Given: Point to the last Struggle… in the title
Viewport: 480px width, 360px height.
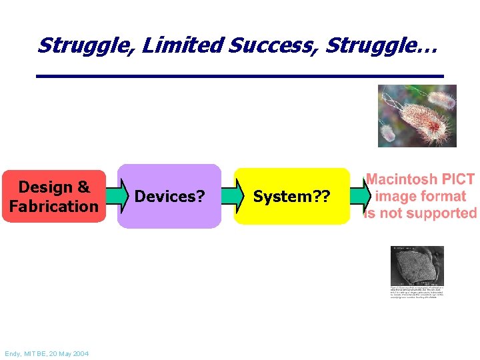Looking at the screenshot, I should (x=379, y=45).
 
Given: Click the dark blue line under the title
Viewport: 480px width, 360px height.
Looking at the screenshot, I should (x=239, y=77).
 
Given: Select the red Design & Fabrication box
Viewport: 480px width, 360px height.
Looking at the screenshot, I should (x=53, y=196).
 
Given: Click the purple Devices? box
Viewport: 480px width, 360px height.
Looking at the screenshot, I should (x=169, y=196).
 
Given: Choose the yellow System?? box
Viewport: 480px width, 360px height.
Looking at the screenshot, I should (x=292, y=196).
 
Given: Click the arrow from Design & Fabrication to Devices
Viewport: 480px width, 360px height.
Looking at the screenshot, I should (x=113, y=197).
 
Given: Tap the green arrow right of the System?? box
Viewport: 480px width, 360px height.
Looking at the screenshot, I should (x=359, y=197).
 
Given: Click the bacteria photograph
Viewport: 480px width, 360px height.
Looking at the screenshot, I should (x=417, y=115).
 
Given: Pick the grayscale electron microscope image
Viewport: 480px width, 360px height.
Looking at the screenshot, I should (x=417, y=265).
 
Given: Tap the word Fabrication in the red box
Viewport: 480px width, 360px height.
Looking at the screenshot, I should (x=53, y=206).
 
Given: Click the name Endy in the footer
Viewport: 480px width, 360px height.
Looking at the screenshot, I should (x=13, y=353).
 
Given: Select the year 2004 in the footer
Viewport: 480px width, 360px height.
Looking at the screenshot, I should (x=81, y=353).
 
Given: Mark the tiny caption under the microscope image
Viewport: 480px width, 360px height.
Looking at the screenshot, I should (x=417, y=291).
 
